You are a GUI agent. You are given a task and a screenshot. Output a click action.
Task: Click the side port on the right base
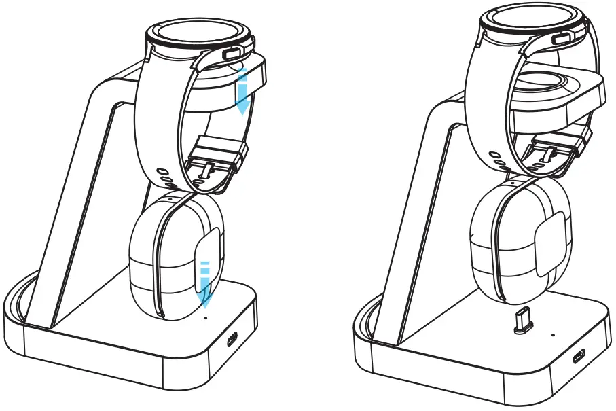[x=579, y=355]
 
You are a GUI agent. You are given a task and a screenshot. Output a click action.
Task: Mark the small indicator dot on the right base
[x=554, y=335]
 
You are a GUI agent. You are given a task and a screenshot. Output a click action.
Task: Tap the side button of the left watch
[x=232, y=53]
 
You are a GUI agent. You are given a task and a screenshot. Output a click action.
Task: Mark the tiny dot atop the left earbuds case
[x=169, y=200]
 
